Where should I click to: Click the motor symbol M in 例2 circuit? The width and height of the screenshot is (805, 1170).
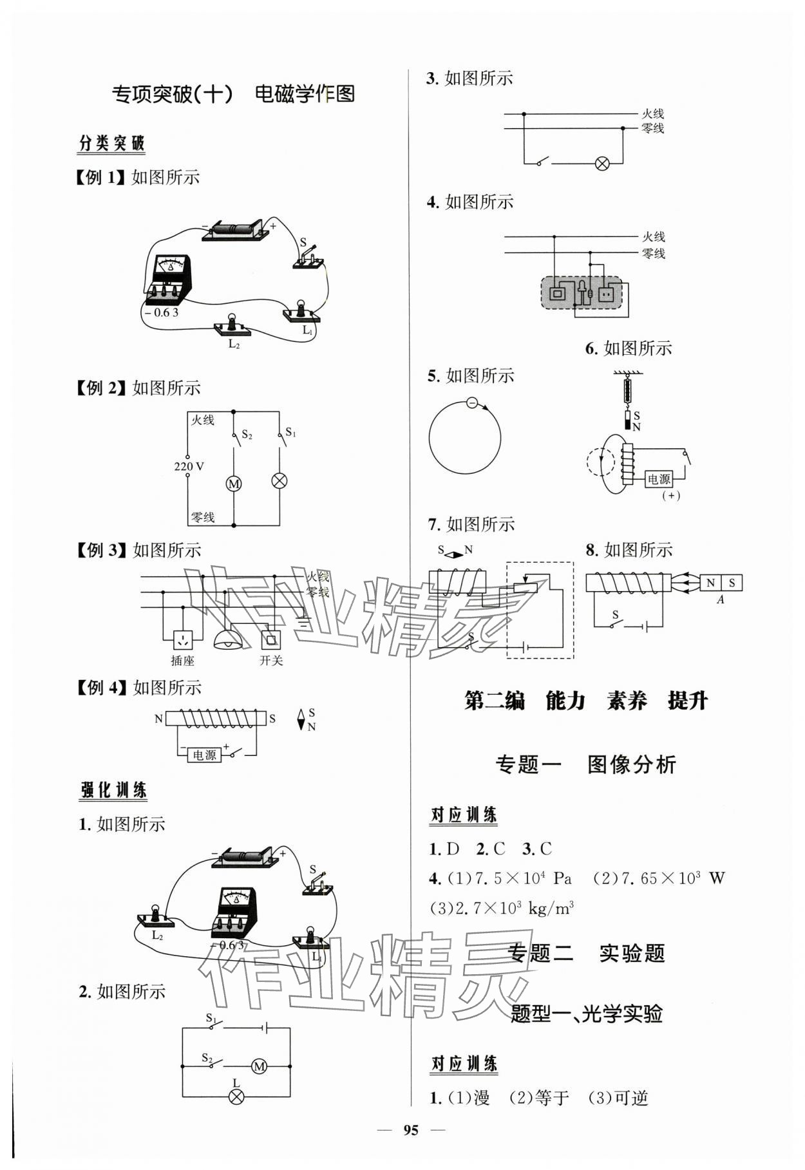[x=234, y=483]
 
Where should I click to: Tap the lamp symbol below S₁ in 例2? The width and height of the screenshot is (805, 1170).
[x=279, y=480]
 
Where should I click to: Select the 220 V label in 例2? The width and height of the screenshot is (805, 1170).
[x=189, y=466]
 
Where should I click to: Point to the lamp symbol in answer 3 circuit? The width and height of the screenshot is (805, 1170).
[x=602, y=164]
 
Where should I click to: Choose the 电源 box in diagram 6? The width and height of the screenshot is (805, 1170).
[x=658, y=479]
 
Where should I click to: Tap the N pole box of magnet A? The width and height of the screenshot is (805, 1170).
[x=710, y=583]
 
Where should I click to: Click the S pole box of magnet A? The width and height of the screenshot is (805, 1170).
[x=732, y=583]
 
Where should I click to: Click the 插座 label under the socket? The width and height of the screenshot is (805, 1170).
[x=183, y=661]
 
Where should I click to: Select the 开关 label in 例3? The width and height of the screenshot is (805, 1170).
[x=271, y=661]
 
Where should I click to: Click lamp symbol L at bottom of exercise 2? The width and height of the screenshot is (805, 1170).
[x=236, y=1097]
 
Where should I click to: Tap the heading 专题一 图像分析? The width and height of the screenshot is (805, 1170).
[x=585, y=764]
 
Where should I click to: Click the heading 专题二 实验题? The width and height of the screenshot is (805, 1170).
[x=586, y=953]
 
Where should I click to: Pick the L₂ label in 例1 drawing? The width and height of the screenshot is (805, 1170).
[x=233, y=344]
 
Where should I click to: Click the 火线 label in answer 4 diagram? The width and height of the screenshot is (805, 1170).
[x=653, y=237]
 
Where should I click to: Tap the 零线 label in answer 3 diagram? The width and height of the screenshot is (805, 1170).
[x=653, y=128]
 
